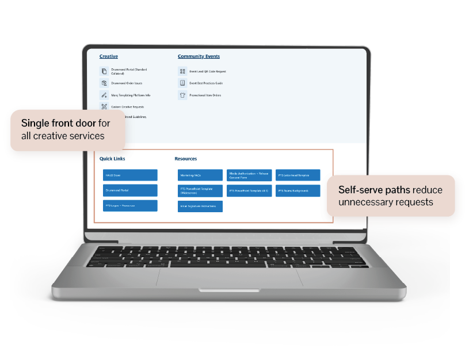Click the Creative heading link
click(109, 56)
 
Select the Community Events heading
click(199, 56)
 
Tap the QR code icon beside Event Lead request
click(182, 71)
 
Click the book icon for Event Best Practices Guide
click(182, 83)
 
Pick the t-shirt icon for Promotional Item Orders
click(182, 95)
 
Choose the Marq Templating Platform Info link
click(131, 95)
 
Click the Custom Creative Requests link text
click(127, 107)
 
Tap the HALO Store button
click(130, 175)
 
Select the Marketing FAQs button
click(200, 175)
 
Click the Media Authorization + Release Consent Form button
click(249, 175)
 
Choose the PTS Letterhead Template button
click(298, 175)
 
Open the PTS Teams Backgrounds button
click(298, 190)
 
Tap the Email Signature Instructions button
click(200, 206)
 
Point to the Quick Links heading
click(112, 159)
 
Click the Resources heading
click(186, 159)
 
